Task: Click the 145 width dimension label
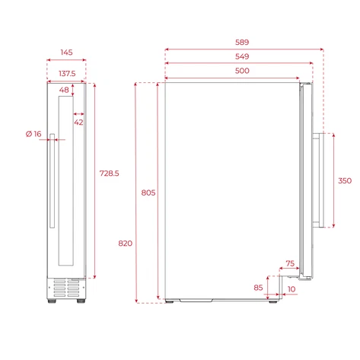pos(66,53)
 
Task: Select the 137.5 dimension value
pos(67,74)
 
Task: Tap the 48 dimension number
pos(64,90)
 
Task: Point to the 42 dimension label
pos(78,123)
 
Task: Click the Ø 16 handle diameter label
pos(33,134)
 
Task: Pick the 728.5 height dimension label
pos(109,174)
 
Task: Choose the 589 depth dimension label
pos(242,42)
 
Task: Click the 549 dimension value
pos(242,56)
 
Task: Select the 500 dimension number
pos(242,71)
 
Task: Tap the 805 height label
pos(148,193)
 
